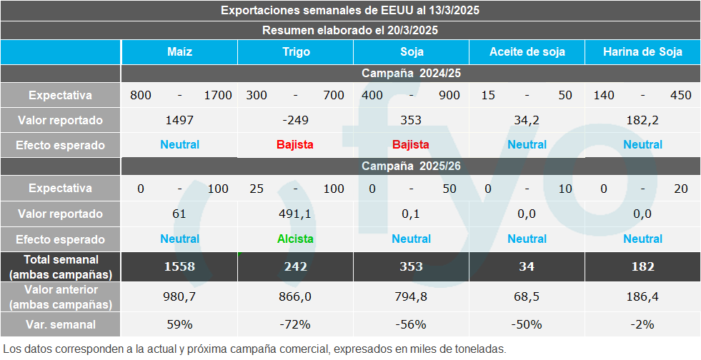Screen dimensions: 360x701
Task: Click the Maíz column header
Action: [x=179, y=51]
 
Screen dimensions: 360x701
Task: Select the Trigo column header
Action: [x=295, y=51]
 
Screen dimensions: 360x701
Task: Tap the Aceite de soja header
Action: [x=527, y=51]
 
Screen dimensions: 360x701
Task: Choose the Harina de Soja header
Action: [x=642, y=51]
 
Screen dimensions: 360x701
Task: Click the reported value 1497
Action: [x=179, y=120]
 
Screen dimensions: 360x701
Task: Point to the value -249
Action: [x=295, y=120]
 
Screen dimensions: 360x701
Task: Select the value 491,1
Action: [x=295, y=214]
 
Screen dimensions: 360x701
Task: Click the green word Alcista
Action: [x=295, y=239]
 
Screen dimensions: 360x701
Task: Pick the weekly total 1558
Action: [x=179, y=266]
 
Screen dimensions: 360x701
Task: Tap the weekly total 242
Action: [x=295, y=266]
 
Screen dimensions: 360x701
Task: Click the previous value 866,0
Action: [x=295, y=296]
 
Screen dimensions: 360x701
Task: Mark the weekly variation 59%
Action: [x=179, y=324]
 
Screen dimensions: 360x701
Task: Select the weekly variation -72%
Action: [x=295, y=324]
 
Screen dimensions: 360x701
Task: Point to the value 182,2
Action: [x=642, y=120]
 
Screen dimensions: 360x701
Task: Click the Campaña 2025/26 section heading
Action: [x=410, y=166]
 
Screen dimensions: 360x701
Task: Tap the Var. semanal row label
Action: [x=61, y=324]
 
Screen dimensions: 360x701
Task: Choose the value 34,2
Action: [x=527, y=120]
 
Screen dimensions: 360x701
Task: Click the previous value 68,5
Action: [x=527, y=296]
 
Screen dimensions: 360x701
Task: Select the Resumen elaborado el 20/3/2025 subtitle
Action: [x=350, y=30]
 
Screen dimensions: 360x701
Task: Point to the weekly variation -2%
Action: [x=642, y=324]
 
